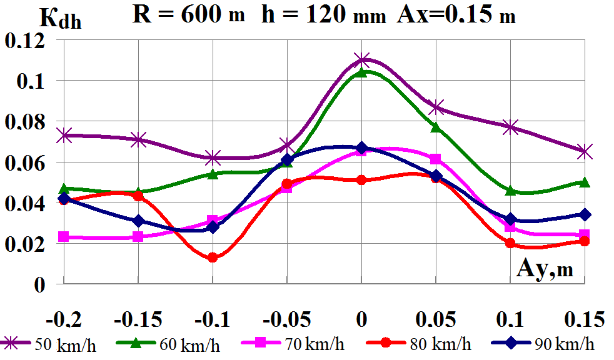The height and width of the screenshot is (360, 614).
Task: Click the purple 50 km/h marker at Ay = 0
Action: (361, 60)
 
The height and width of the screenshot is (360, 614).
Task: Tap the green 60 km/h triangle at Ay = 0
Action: (361, 72)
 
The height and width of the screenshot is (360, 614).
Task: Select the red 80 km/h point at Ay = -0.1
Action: (213, 257)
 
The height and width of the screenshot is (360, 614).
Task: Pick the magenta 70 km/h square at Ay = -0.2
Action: (64, 237)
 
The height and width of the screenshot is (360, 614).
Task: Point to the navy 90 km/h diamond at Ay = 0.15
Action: (585, 214)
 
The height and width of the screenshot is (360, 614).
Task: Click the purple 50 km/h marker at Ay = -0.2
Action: (64, 135)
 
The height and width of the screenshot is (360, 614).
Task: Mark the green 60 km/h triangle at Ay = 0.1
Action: (510, 190)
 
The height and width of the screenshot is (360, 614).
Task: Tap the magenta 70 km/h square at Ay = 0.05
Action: (436, 159)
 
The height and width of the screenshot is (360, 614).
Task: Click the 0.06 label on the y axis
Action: (25, 162)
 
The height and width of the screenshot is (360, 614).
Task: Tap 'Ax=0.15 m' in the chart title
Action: (456, 15)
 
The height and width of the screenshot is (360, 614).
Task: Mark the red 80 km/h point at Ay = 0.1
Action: (510, 243)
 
